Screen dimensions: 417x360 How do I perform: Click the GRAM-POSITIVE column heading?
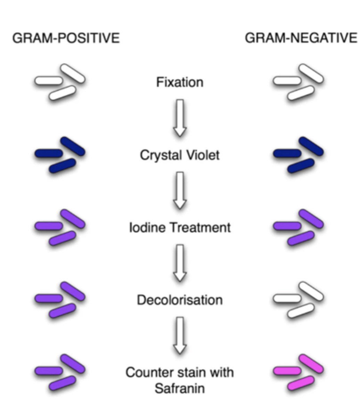[x=66, y=38]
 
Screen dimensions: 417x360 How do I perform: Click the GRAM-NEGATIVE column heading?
[x=301, y=38]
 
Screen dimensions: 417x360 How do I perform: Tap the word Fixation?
[x=180, y=82]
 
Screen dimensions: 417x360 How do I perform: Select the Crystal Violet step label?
[x=180, y=155]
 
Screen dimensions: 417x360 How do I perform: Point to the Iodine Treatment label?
[x=180, y=228]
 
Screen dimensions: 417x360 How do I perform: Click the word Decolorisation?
[x=180, y=300]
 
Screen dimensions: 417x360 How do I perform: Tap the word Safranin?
[x=180, y=388]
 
